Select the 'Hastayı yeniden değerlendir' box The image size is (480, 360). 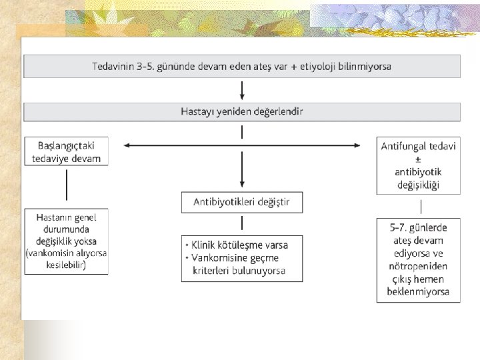tap(241, 111)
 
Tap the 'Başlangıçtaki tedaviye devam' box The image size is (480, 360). tap(66, 151)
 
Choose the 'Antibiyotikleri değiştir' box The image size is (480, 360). tap(241, 202)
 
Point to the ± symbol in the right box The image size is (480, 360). tap(418, 160)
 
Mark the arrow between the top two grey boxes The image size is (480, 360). tap(242, 89)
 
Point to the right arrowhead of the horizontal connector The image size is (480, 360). tap(361, 145)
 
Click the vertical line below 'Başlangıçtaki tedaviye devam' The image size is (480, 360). tap(66, 185)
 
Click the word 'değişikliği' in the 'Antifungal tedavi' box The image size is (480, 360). tap(418, 185)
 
